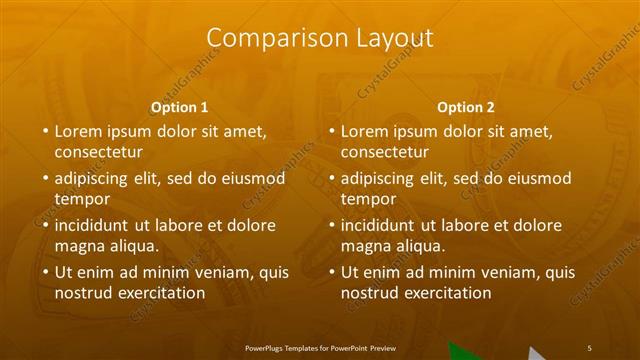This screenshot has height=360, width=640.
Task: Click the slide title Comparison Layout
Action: [320, 38]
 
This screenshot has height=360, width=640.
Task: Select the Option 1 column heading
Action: [180, 107]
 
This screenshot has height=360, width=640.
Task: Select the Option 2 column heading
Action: [466, 107]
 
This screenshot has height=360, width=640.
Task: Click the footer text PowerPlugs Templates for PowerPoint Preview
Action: [320, 341]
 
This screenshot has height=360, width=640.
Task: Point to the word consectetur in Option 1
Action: [98, 152]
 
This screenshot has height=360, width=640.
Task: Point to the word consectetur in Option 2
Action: [384, 152]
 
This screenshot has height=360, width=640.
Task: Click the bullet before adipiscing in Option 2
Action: [332, 179]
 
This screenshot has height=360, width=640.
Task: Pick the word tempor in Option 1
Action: [81, 199]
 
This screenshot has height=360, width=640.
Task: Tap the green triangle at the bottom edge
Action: [462, 352]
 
